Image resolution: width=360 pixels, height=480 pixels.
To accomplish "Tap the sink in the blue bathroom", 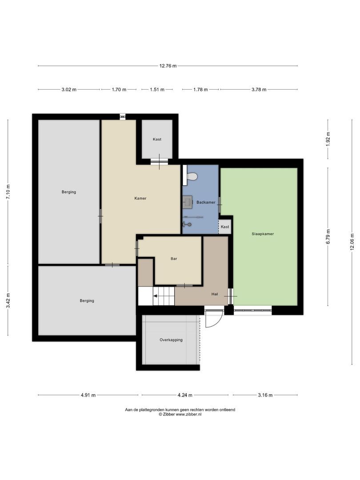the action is click(188, 202).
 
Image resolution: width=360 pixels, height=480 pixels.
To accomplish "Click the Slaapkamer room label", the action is click(263, 234).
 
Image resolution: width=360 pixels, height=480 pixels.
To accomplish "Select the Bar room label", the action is click(174, 259).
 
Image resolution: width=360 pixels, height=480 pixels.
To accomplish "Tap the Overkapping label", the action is click(171, 340).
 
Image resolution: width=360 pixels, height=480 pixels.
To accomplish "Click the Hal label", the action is click(215, 294).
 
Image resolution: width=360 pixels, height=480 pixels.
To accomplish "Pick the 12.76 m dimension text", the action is click(168, 65).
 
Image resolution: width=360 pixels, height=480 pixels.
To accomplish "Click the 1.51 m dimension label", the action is click(157, 90).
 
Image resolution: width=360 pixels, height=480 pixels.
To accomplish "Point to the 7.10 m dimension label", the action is click(8, 192).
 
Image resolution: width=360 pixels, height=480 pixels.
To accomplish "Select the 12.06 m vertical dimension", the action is click(352, 242).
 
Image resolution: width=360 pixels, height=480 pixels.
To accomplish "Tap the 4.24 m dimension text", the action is click(185, 395).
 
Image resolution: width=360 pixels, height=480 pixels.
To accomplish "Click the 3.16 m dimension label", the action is click(265, 395).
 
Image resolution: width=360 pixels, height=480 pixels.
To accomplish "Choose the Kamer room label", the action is click(140, 198).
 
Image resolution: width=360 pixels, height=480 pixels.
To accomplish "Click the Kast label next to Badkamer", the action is click(225, 227).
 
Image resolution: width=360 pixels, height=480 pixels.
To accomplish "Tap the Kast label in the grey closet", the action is click(157, 139).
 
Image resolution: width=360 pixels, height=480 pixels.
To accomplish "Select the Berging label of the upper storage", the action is click(69, 192).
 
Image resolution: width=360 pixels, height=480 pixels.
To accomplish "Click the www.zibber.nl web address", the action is click(188, 414).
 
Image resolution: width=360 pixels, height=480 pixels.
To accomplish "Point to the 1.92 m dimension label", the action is click(328, 139).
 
